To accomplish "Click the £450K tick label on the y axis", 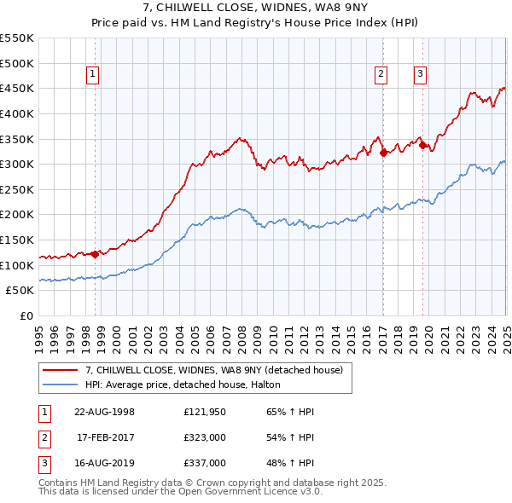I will (17, 89).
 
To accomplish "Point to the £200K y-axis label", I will (17, 215).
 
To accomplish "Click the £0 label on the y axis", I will (26, 316).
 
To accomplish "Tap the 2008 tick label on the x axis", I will (242, 334).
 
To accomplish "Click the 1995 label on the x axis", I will (39, 334).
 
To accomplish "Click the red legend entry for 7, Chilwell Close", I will (213, 370).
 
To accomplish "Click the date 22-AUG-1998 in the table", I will (104, 413).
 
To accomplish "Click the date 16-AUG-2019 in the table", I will (104, 464).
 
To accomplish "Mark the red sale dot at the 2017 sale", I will (383, 153).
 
